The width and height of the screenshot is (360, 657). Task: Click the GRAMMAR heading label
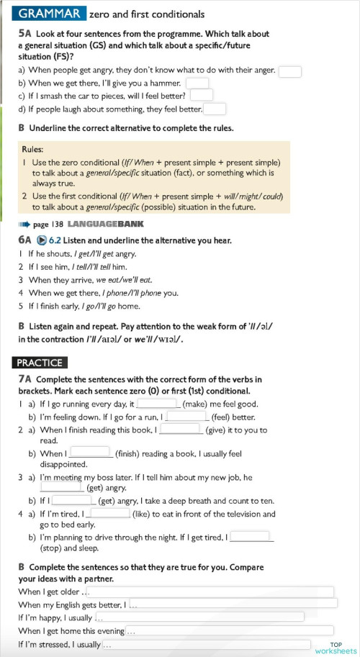click(49, 14)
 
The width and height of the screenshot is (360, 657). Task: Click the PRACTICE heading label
click(40, 363)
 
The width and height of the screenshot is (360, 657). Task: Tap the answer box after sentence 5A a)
click(289, 71)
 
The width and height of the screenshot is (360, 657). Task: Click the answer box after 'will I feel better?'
click(202, 95)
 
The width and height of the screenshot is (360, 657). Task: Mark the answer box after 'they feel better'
click(215, 109)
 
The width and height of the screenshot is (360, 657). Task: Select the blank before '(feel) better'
click(187, 416)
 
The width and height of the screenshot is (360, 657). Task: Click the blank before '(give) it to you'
click(180, 430)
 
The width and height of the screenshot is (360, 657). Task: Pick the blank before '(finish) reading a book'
click(90, 453)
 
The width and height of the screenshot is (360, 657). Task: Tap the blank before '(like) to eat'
click(109, 514)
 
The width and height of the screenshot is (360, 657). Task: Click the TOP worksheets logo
click(336, 648)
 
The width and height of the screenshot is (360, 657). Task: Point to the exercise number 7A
click(24, 379)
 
